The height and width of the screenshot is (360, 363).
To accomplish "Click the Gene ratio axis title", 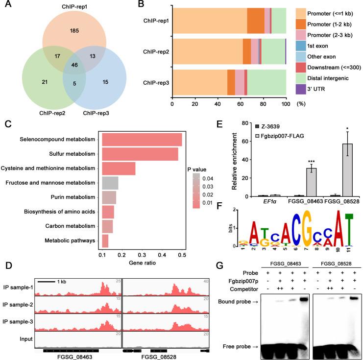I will point(142,265).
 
